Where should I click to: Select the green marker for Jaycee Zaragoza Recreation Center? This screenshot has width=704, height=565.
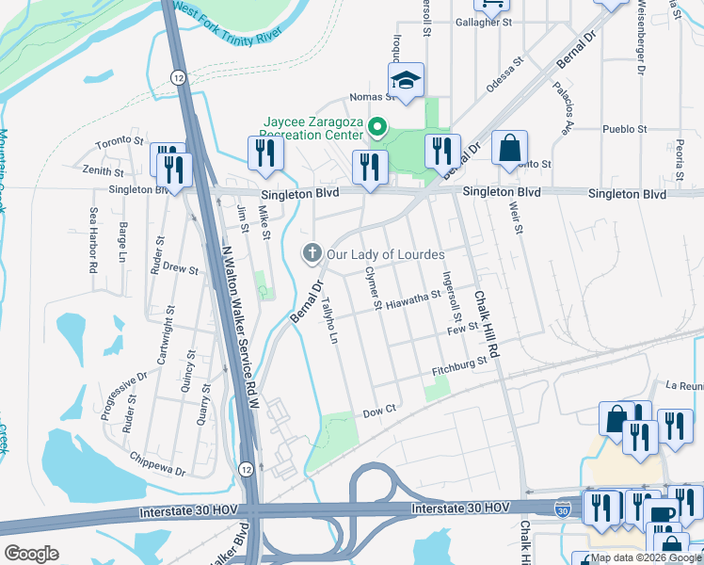click(377, 126)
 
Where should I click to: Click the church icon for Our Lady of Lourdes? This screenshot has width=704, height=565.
click(312, 252)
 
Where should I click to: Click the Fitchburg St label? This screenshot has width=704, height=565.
click(459, 366)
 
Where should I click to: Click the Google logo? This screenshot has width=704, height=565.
click(32, 554)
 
